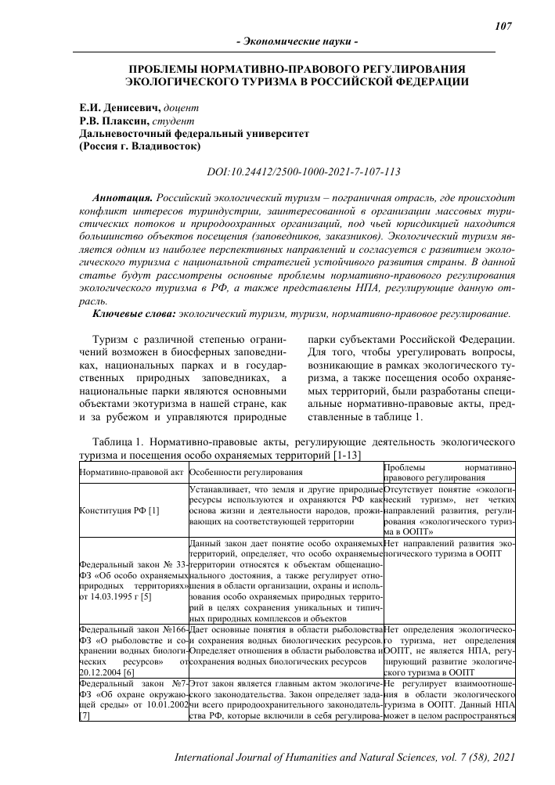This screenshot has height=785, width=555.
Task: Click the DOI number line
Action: (x=302, y=171)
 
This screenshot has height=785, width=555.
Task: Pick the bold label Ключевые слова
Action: (x=133, y=313)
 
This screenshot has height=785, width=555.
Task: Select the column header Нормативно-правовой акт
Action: (x=132, y=472)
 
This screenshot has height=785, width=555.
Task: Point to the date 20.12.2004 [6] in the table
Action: (x=109, y=672)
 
